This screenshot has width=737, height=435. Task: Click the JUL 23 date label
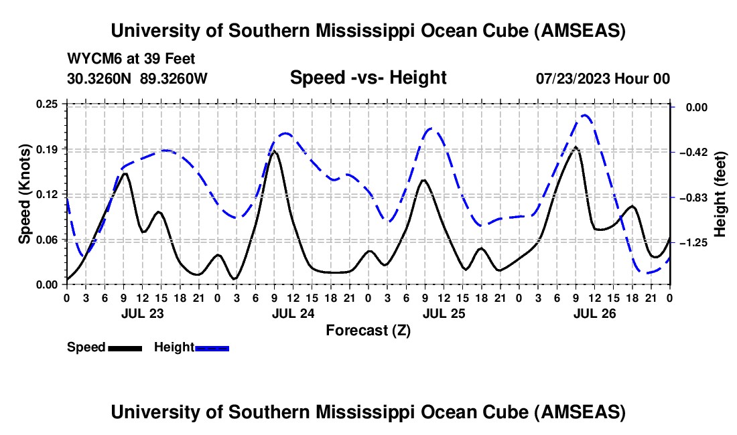point(143,313)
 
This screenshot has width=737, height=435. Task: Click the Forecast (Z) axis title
point(368,330)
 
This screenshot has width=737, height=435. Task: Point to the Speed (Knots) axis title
point(25,194)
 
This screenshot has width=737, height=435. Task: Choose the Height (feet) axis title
point(720,194)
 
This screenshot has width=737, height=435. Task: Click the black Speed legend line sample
point(125,348)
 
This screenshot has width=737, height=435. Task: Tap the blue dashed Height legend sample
point(212,348)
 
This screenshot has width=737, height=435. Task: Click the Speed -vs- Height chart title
point(368,78)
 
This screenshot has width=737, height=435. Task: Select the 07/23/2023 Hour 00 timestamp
point(603,78)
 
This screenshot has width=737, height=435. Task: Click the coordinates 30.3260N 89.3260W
point(137,78)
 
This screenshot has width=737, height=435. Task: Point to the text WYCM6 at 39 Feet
point(131,59)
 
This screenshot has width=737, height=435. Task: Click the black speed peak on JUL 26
point(576,147)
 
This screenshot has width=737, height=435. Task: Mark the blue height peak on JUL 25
point(431,128)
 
